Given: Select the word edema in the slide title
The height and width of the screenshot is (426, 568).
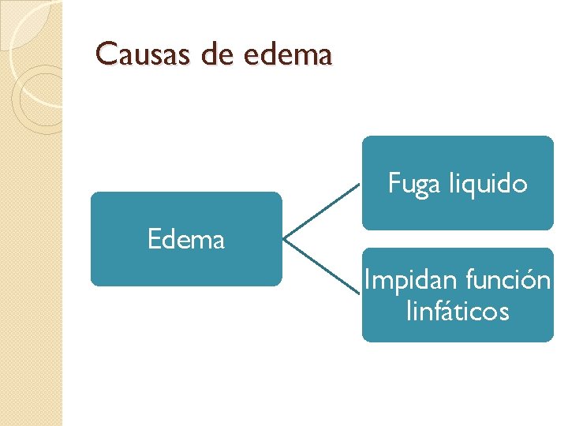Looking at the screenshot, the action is (290, 54).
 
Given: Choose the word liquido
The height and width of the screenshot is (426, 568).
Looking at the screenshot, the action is (488, 185).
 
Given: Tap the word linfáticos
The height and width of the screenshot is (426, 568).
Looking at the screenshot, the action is (458, 312).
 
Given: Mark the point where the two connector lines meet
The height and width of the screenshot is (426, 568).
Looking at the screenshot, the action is (283, 237).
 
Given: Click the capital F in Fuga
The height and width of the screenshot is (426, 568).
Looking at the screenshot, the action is (394, 184).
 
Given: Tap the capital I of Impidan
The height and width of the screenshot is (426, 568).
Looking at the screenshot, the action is (367, 280).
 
